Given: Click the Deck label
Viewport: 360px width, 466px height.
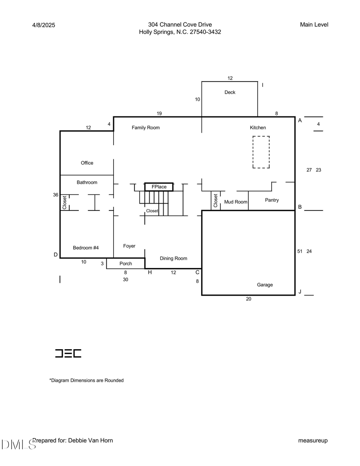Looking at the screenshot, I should pos(230,92).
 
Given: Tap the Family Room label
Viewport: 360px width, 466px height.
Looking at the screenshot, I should pos(146,128).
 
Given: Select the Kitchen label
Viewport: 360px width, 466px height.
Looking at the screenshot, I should pos(258,128).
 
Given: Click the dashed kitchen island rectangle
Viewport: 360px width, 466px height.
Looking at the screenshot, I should pos(261,152).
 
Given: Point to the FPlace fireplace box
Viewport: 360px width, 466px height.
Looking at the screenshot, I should pos(159,187).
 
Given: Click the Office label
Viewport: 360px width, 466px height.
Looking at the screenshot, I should pos(87,163).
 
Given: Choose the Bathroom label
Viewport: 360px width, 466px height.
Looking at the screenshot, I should pos(87,182).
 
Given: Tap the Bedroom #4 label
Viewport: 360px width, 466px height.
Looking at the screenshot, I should pos(86,248).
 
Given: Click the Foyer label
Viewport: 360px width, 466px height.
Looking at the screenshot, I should pos(129,246).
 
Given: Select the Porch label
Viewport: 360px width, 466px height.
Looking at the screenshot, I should pos(126,264).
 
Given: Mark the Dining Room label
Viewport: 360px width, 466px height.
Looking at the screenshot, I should pos(173,258).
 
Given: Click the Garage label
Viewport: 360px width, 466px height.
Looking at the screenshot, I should pos(265,285).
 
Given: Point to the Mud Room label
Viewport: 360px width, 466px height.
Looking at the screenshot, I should pos(236,202).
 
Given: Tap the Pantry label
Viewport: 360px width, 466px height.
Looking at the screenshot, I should pos(272,200).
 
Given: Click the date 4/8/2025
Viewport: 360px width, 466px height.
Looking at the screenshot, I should pos(44,25).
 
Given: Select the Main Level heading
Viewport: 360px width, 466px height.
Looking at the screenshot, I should pos(314,25).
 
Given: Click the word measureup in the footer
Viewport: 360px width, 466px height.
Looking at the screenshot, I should pos(313,440).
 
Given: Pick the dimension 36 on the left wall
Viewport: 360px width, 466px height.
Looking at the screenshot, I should pos(56,195).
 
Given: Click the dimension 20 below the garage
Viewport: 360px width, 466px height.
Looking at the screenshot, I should pos(248,299).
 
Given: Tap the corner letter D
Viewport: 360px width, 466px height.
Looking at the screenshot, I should pos(56,255).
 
